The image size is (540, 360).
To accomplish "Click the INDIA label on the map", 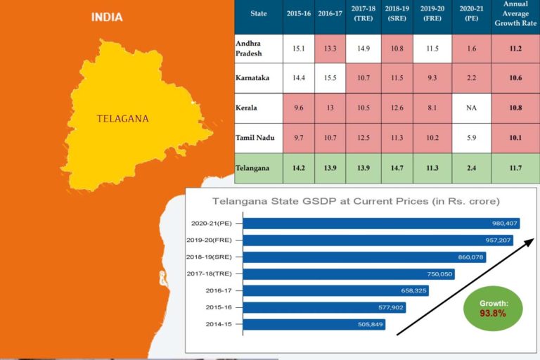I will (107, 17).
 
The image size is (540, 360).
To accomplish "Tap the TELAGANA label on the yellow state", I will (123, 119).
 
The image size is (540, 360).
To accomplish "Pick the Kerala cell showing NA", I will (468, 108).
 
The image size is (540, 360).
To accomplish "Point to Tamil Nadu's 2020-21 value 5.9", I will (468, 139).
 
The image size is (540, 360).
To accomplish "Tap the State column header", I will (258, 13).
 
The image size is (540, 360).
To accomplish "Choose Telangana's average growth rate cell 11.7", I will (515, 169).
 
